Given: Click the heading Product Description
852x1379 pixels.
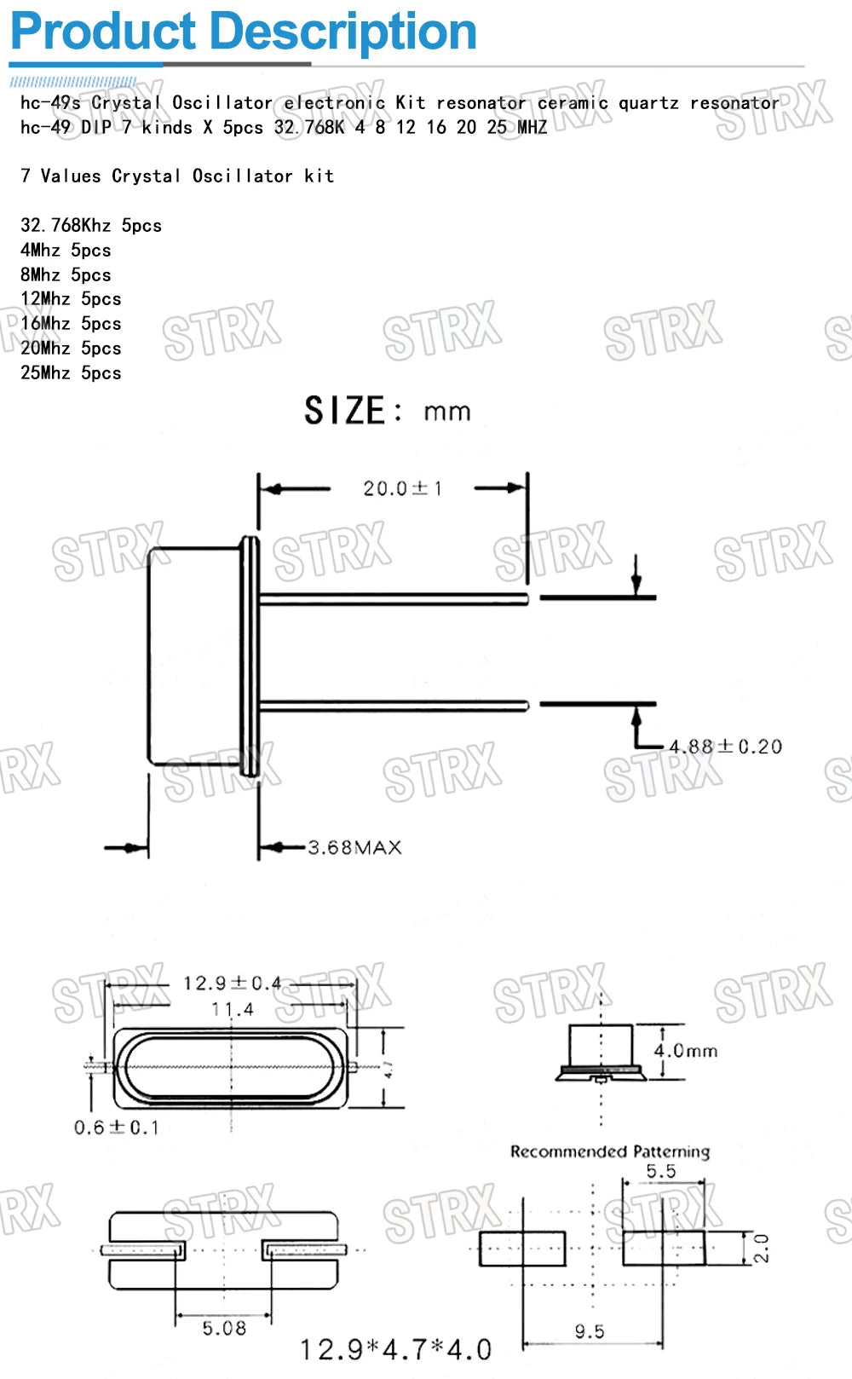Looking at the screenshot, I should pos(243,32).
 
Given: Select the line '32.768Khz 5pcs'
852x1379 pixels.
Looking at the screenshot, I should pos(91,226).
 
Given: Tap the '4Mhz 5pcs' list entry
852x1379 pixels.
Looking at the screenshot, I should pos(66,251).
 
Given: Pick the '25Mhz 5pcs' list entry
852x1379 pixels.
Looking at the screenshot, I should pos(71,373).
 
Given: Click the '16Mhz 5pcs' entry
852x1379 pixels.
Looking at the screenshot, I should pos(71,324).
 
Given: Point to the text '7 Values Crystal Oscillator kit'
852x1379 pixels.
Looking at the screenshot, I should pos(177,176).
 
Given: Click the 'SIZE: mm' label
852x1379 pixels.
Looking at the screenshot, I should pos(388,411).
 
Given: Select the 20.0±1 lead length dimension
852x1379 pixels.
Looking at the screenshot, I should pos(402,488).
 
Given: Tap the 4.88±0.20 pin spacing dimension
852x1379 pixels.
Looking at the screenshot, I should pos(725,747).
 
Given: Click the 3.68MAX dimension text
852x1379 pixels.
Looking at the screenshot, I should pos(354,847).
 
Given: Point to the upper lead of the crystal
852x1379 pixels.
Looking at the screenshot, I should pos(392,599).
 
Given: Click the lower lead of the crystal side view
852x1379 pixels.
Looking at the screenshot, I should pos(392,705).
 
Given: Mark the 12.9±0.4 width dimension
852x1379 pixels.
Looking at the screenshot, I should pos(232,984).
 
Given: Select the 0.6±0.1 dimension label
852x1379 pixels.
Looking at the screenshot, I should pos(117,1128).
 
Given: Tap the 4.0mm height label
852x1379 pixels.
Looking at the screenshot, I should pos(686,1051).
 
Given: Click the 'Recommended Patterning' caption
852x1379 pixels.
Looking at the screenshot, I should pos(609,1151).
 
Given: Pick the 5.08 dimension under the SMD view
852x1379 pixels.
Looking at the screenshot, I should pos(224,1328).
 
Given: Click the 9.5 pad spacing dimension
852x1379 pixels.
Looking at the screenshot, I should pos(590,1331).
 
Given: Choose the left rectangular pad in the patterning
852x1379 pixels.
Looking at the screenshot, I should pos(522,1249).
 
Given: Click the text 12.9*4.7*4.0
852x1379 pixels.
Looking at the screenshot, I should pos(395,1349).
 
